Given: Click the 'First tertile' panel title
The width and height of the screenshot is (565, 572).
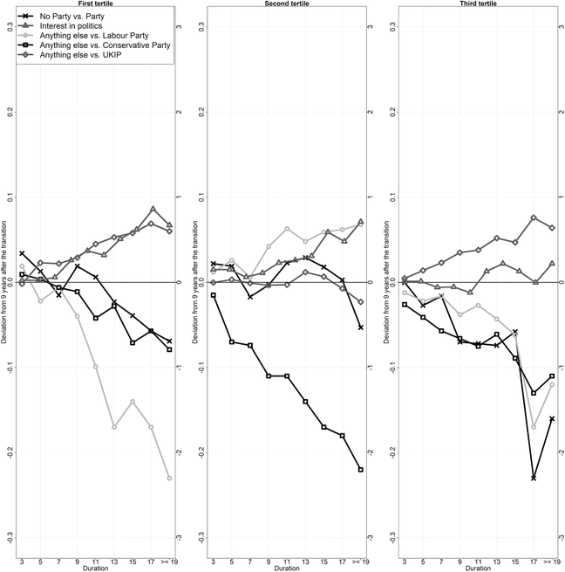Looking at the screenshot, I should [95, 4].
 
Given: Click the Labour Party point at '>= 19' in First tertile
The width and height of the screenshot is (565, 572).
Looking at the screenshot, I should [169, 479].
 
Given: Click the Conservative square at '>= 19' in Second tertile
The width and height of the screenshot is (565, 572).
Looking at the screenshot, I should [359, 470].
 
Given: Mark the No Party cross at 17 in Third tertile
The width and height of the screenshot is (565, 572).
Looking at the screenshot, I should [534, 478].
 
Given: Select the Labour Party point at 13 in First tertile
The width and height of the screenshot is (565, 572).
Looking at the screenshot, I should [114, 427].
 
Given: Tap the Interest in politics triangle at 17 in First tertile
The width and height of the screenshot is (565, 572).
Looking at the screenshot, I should [152, 210].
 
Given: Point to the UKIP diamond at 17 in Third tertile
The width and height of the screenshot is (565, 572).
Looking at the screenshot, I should [534, 217].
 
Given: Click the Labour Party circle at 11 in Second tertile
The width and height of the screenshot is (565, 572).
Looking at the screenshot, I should [287, 229].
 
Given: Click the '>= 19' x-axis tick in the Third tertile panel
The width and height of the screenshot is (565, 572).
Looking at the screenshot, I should [549, 562].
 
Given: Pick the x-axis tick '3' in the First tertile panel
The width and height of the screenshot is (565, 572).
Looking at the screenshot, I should [21, 562].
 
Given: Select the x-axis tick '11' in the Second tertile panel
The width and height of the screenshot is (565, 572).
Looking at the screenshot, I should [287, 562].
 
